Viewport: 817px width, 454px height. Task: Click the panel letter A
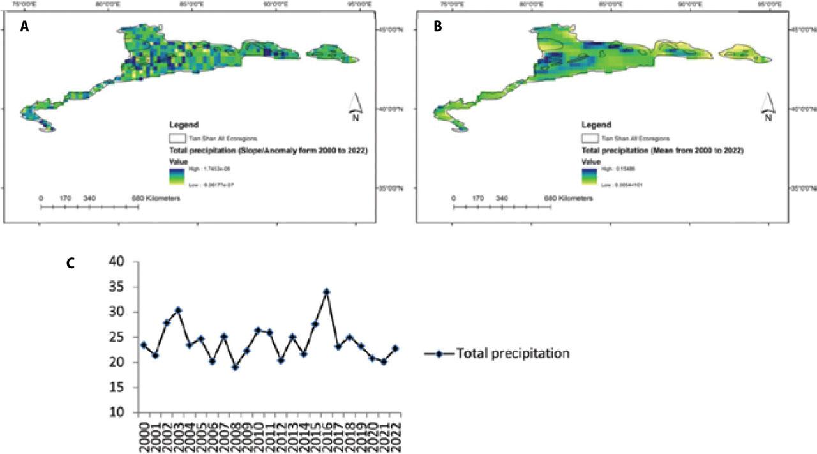[x=25, y=27]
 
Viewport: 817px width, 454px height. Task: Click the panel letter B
[x=438, y=27]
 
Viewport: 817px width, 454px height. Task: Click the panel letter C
[x=71, y=263]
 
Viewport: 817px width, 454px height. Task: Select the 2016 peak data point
[x=327, y=291]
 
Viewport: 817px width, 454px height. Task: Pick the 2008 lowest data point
[x=236, y=367]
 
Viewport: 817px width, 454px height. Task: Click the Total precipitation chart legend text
[x=513, y=353]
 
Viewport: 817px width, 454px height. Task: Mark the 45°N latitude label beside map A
[x=390, y=29]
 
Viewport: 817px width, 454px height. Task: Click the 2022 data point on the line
[x=395, y=349]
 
